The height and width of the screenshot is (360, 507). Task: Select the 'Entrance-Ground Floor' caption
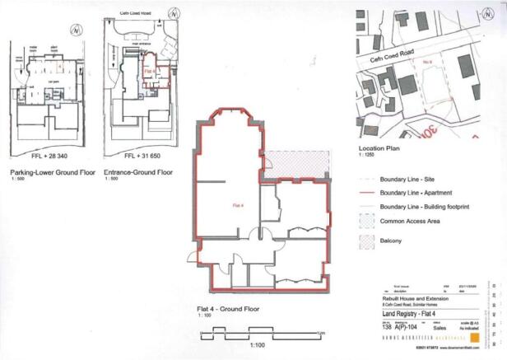click(138, 174)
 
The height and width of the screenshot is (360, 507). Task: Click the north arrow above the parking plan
click(76, 30)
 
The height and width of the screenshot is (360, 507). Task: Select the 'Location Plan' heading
click(379, 146)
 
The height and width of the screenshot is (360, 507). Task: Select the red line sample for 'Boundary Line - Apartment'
click(368, 192)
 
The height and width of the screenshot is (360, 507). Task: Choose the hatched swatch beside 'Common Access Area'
click(368, 222)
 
